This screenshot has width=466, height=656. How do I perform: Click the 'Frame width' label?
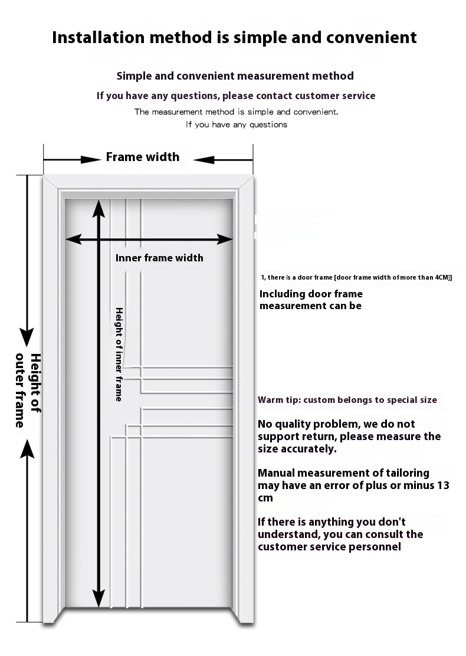[x=142, y=157]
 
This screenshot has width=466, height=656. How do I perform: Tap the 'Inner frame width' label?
[x=159, y=258]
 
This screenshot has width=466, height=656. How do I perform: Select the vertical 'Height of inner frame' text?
[x=119, y=354]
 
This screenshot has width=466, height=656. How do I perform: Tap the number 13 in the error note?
[x=443, y=486]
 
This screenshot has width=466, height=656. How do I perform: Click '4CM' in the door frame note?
[x=441, y=277]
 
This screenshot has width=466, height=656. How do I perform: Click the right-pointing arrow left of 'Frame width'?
[x=88, y=159]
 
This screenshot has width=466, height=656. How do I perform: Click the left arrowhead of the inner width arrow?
[x=73, y=239]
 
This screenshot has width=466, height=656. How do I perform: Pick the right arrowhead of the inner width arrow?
[x=226, y=239]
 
